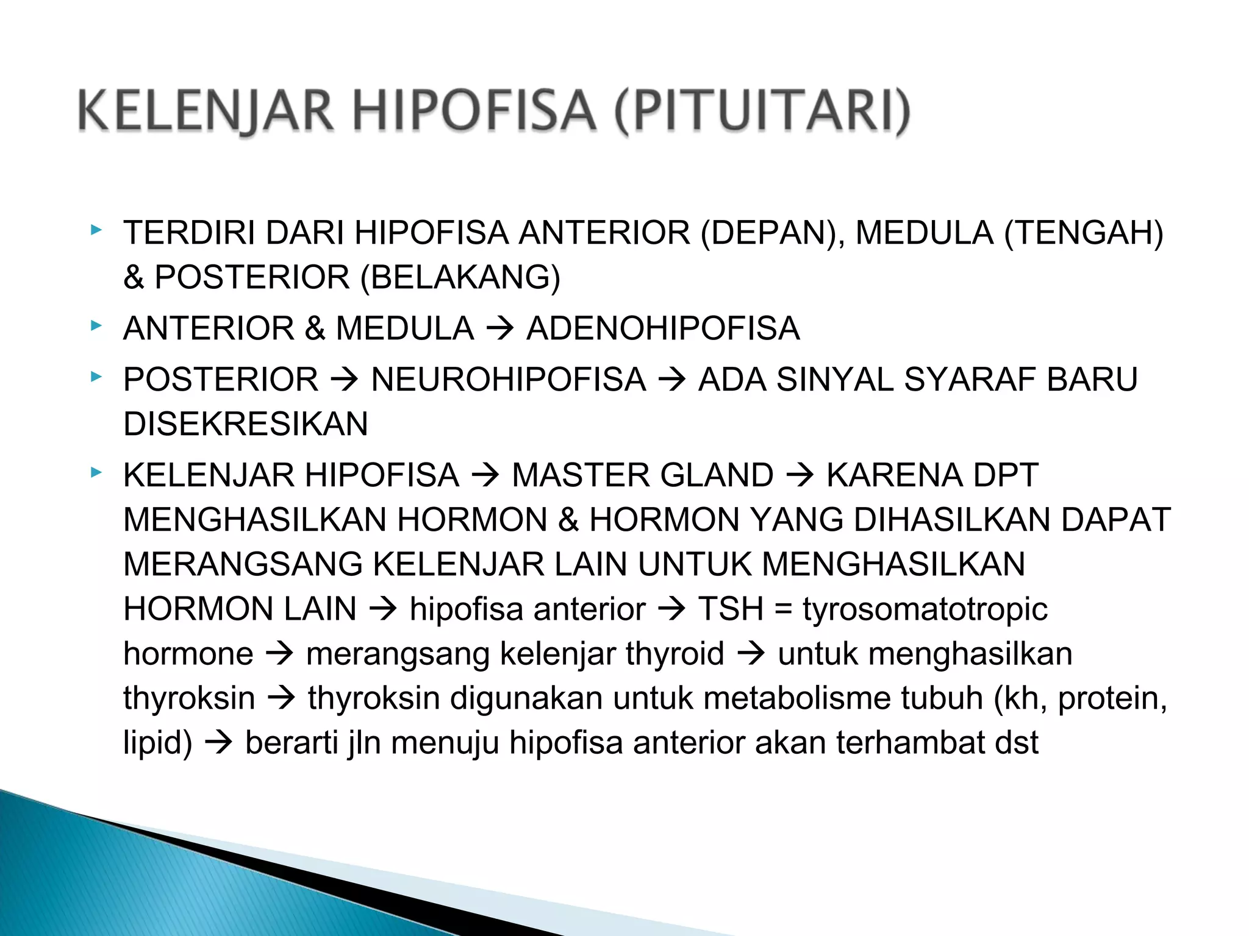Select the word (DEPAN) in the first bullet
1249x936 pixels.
click(772, 233)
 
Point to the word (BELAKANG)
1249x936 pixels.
click(460, 277)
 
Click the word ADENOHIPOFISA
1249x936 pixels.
click(663, 328)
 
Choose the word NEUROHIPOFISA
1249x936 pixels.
click(509, 380)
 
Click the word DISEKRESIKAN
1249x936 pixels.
click(246, 424)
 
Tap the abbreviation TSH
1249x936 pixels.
click(731, 609)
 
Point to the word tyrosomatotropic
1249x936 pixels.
click(925, 609)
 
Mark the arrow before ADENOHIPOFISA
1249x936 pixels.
click(500, 330)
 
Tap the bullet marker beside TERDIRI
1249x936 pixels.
click(96, 230)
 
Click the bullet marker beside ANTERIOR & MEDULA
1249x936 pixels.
click(96, 326)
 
